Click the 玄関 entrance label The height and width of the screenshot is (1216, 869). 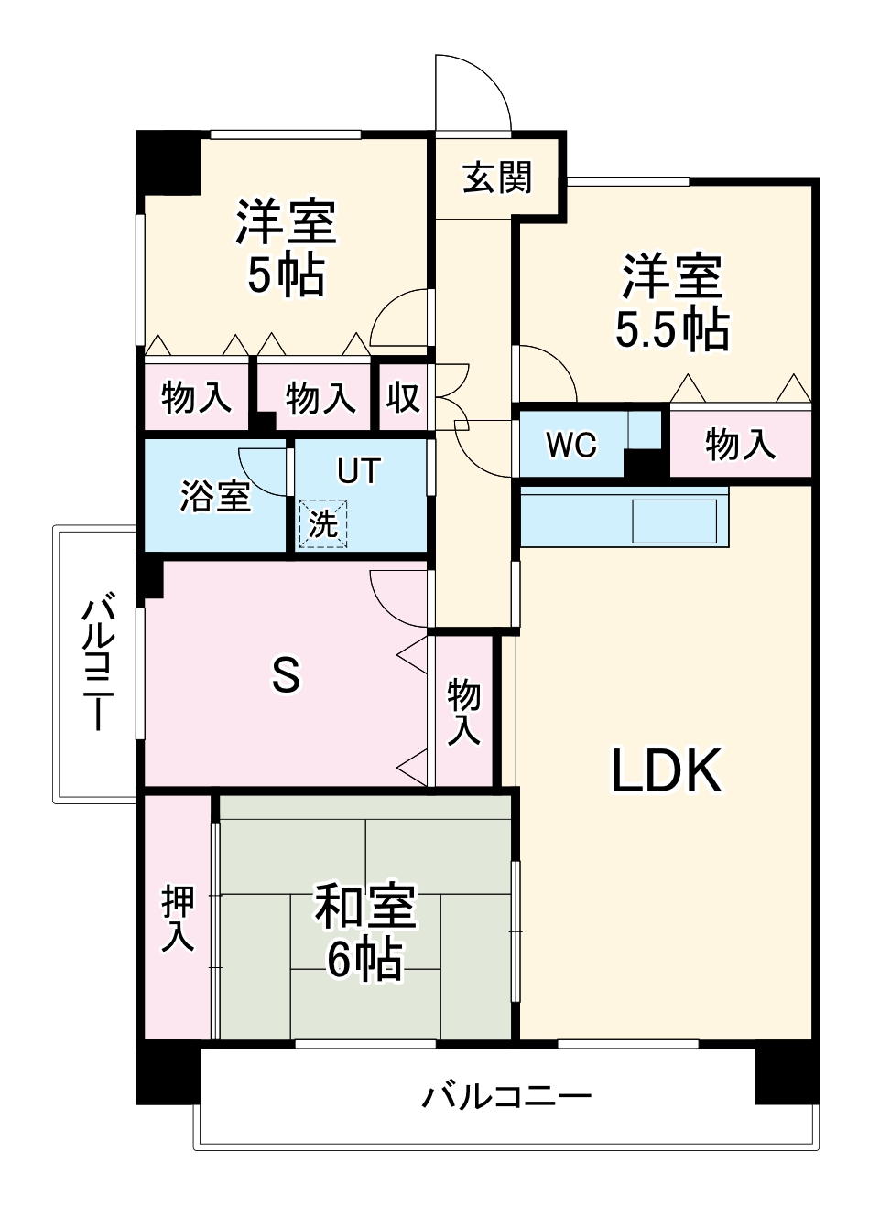coord(496,177)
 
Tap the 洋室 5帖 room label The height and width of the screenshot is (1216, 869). coord(286,248)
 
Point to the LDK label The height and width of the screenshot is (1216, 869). coord(667,770)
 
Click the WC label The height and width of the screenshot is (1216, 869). coord(571,445)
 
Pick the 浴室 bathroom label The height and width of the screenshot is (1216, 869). coord(215,495)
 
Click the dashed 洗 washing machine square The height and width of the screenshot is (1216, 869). coord(322,523)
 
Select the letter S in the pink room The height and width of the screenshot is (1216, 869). coord(286,676)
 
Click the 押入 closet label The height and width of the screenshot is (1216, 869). coord(179,918)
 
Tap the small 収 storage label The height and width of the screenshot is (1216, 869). coord(402,398)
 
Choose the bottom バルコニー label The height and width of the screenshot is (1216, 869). coord(506,1095)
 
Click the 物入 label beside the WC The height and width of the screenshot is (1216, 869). coord(740,445)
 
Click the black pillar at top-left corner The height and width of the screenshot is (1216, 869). coord(168,162)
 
